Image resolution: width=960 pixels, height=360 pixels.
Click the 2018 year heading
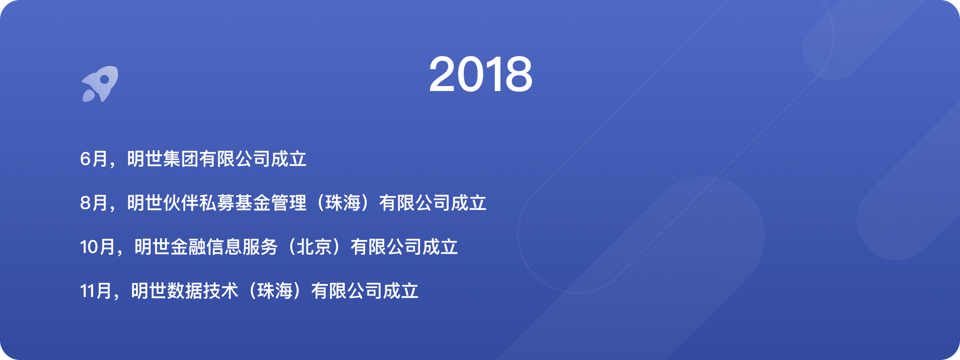coord(480,74)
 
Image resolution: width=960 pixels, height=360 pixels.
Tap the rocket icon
coord(100,84)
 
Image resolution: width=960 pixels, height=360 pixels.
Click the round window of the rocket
coord(104,79)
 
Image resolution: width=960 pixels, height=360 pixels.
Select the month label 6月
coord(94,159)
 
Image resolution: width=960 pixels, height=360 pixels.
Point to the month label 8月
coord(94,203)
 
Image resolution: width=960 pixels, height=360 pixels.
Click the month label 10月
coord(98,247)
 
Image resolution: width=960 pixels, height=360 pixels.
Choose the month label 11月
coord(96,291)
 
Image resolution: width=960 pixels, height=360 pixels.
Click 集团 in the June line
coord(180,159)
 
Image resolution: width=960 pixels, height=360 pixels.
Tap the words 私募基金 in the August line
coord(234,203)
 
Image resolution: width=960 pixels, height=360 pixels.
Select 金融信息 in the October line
coord(206,247)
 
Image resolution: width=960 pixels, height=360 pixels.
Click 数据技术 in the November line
coord(202,291)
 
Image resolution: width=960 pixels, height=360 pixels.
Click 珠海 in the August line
coord(343,203)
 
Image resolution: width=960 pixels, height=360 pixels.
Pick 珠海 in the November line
coord(275,291)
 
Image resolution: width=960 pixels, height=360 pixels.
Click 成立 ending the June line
coord(288,159)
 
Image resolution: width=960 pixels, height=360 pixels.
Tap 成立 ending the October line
coord(440,247)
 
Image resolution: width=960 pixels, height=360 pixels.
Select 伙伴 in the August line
coord(180,203)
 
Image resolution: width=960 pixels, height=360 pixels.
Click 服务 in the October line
coord(260,247)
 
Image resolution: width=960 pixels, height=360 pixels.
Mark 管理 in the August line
coord(288,203)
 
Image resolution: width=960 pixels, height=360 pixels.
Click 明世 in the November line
coord(148,291)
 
